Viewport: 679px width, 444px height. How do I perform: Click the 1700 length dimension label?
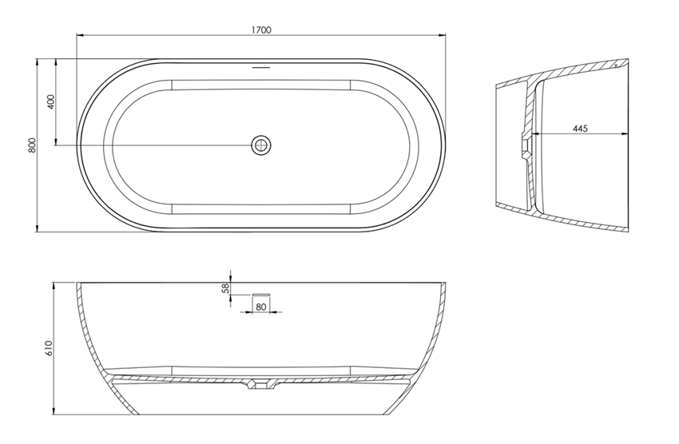coord(261,30)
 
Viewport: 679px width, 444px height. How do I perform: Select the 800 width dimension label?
coord(32,145)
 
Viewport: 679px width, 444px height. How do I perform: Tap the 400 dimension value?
coord(50,101)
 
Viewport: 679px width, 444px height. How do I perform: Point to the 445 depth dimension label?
coord(580,129)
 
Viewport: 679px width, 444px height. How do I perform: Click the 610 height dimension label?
coord(48,348)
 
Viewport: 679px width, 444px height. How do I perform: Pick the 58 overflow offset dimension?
coord(225,288)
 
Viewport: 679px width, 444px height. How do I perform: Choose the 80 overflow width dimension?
coord(260,307)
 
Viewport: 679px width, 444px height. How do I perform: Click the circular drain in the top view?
coord(261,145)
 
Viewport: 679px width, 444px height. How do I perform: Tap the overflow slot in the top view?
coord(261,67)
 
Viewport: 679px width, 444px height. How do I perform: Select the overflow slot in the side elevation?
coord(261,294)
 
